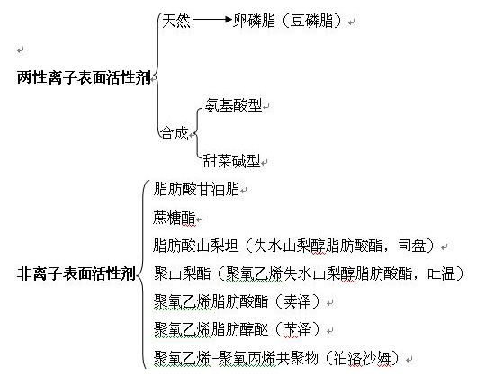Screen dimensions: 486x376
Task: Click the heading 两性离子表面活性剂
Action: coord(84,77)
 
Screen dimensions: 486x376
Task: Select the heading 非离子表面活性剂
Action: coord(76,273)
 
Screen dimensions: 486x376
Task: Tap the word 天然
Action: coord(176,21)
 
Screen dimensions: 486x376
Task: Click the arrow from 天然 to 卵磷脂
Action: coord(212,20)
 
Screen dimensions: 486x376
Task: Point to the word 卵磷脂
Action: coord(254,21)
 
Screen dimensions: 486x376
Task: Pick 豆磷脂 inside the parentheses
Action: coord(311,21)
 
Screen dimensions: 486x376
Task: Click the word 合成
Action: coord(175,133)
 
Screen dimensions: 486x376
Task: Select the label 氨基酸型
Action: coord(233,105)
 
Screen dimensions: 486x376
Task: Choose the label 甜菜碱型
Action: coord(231,161)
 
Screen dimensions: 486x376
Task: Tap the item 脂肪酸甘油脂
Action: coord(196,189)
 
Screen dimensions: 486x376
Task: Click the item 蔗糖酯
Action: coord(175,218)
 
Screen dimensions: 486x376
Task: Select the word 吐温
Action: coord(441,273)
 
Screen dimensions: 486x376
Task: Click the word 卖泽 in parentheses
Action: coord(297,301)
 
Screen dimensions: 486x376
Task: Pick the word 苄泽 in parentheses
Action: coord(297,329)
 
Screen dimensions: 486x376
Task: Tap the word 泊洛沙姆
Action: coord(362,358)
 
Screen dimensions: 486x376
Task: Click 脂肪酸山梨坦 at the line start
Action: coord(196,246)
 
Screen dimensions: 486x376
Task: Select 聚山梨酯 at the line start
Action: coord(182,273)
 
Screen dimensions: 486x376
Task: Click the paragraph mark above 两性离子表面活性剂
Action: coord(21,49)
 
